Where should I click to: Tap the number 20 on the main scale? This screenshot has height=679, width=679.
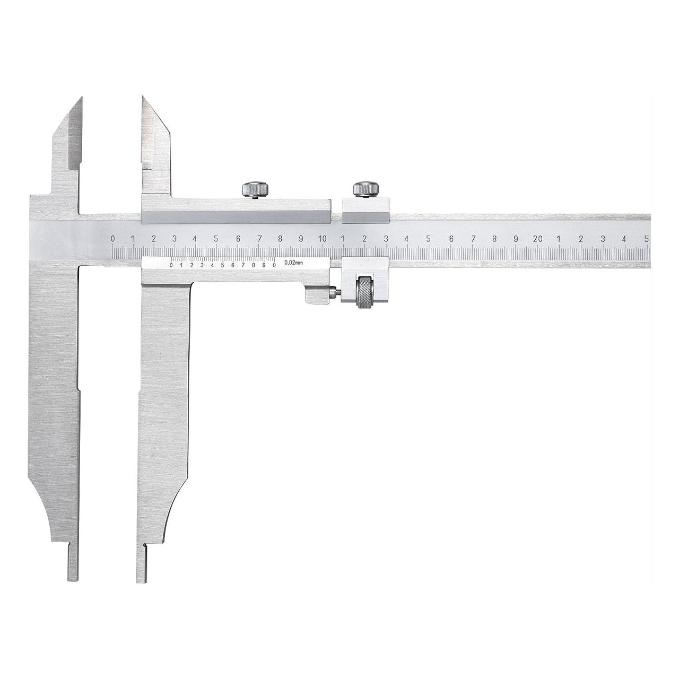pyautogui.click(x=537, y=239)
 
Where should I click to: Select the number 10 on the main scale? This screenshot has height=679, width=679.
pyautogui.click(x=321, y=239)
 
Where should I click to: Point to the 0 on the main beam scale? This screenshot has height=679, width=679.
pyautogui.click(x=113, y=239)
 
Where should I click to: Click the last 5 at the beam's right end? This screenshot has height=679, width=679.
pyautogui.click(x=647, y=239)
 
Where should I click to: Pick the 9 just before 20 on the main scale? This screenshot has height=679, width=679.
pyautogui.click(x=516, y=239)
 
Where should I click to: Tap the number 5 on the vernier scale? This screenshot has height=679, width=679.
pyautogui.click(x=223, y=265)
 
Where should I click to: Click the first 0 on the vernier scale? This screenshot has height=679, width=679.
pyautogui.click(x=171, y=265)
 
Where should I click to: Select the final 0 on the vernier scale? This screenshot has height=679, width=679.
pyautogui.click(x=274, y=265)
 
